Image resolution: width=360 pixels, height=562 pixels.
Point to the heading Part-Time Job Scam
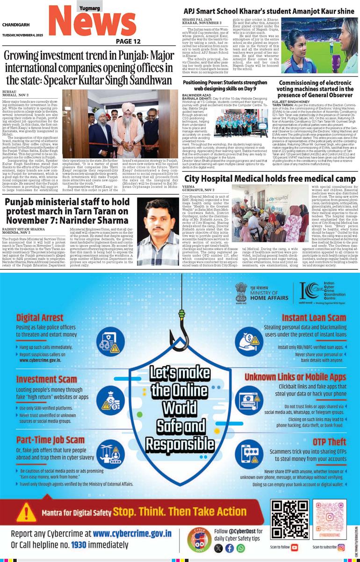(x=50, y=440)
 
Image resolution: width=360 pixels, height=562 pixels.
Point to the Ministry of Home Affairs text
(x=270, y=293)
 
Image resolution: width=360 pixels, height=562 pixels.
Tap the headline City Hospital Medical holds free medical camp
(x=270, y=179)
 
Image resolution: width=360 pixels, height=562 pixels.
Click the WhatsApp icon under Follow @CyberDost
(x=240, y=548)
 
